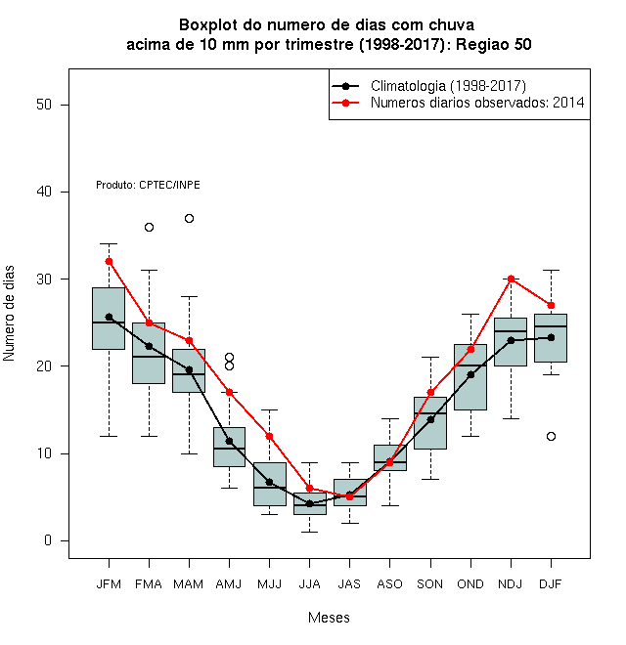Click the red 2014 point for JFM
pyautogui.click(x=109, y=262)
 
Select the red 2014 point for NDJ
pyautogui.click(x=512, y=279)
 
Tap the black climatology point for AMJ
pyautogui.click(x=230, y=442)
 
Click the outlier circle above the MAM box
pyautogui.click(x=189, y=219)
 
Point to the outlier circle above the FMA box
pyautogui.click(x=149, y=227)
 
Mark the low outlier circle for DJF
pyautogui.click(x=551, y=436)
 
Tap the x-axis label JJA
pyautogui.click(x=309, y=584)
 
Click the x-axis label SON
pyautogui.click(x=430, y=584)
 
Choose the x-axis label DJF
pyautogui.click(x=551, y=584)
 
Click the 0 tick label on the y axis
pyautogui.click(x=48, y=540)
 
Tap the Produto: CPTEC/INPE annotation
pyautogui.click(x=148, y=185)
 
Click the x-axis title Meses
pyautogui.click(x=329, y=618)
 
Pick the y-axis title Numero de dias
pyautogui.click(x=9, y=314)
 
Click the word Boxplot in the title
pyautogui.click(x=208, y=25)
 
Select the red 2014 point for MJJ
pyautogui.click(x=269, y=436)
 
